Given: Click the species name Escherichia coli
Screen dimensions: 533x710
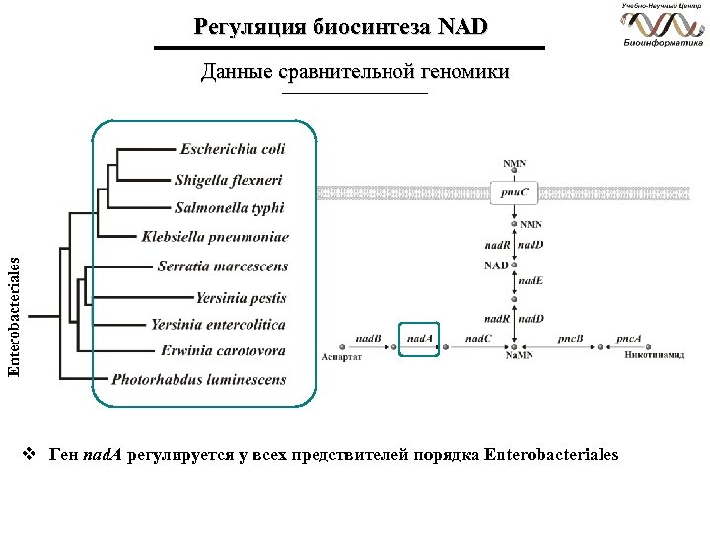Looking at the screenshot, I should pos(233,149).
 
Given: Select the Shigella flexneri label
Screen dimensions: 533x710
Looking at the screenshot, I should pos(229,179).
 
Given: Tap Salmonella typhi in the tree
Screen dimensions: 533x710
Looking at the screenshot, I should pos(229,208).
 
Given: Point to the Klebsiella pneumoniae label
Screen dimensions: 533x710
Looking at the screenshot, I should pos(215,237).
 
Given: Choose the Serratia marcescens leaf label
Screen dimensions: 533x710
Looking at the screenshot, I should pos(223,266).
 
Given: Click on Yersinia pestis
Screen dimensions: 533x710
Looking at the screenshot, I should pos(241,296).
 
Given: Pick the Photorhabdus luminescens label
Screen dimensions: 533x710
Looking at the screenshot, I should pos(199,379).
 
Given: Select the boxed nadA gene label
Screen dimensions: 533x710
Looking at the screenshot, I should pos(419,338).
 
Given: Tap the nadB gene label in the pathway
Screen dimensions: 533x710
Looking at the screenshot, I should pos(369,338).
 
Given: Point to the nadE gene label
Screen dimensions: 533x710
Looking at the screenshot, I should pos(531,281).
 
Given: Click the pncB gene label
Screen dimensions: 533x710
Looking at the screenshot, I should pos(571,338).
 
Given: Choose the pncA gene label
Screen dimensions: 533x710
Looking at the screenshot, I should pos(629,338).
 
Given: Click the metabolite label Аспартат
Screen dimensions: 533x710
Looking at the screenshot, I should pos(342,357).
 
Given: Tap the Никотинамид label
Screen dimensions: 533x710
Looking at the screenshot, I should pos(654,356).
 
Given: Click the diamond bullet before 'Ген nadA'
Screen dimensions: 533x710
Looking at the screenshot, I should pos(30,455).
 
